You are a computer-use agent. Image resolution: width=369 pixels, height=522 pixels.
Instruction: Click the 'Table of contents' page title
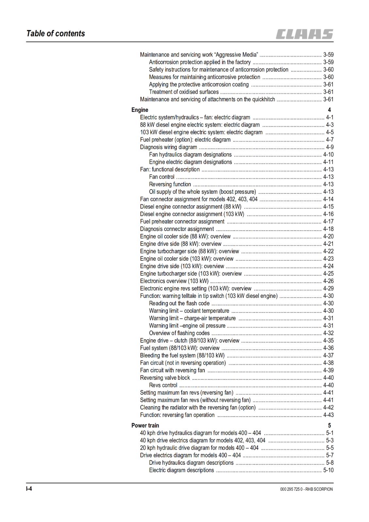coord(56,34)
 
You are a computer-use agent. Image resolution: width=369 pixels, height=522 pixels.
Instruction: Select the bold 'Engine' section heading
coord(140,110)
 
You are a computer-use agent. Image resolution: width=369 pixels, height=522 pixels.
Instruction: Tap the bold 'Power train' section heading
coord(145,425)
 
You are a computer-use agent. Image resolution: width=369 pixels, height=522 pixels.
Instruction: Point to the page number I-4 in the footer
coord(29,489)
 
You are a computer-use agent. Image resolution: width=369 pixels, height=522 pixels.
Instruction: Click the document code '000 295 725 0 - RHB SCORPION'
coord(306,489)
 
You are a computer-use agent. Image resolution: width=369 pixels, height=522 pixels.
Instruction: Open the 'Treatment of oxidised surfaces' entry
coord(184,92)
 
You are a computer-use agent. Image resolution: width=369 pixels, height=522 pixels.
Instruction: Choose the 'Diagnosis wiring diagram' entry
coord(168,147)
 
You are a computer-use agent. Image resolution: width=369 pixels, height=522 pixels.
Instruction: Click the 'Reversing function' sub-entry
coord(170,184)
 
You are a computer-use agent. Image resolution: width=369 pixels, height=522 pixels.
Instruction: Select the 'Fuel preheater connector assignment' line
coord(182,222)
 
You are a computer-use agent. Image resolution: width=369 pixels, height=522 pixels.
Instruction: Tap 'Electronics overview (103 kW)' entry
coord(174,281)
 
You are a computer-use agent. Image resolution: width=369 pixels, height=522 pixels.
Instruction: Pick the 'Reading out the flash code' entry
coord(179,303)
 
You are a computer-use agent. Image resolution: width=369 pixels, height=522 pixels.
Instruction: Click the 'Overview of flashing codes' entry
coord(179,333)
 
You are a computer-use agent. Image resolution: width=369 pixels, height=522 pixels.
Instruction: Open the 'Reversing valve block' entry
coord(165,378)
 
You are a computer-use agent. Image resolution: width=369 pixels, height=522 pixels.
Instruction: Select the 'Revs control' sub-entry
coord(163,385)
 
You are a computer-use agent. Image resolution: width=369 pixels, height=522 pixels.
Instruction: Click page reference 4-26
coord(328,281)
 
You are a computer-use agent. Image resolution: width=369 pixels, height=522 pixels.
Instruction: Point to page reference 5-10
coord(328,470)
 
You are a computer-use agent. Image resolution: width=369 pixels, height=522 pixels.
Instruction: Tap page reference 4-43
coord(328,415)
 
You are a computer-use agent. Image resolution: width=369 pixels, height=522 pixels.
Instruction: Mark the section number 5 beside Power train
coord(329,425)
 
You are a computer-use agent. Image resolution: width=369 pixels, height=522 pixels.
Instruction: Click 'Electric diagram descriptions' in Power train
coord(182,470)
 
